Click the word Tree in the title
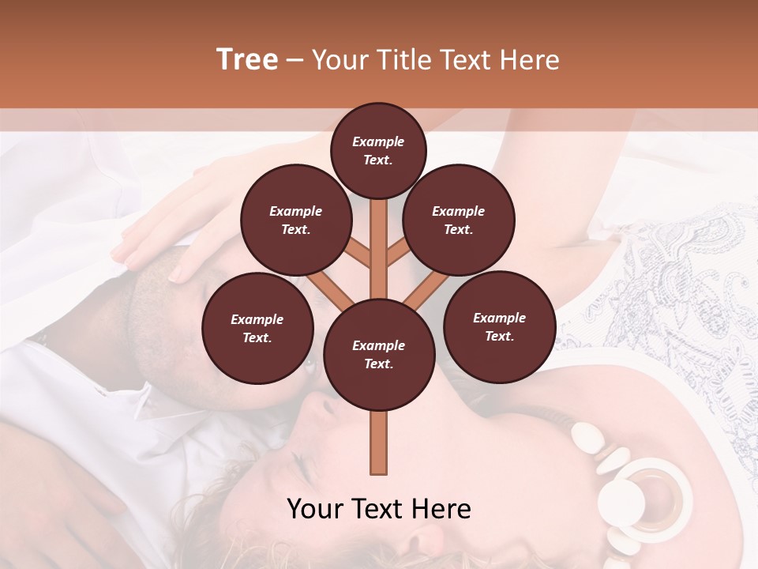point(247,59)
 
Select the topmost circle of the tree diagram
point(378,150)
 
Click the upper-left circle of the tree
point(295,220)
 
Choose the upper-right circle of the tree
point(459,220)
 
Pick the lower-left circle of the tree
point(257,328)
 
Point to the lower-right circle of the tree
point(499,326)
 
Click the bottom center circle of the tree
point(379,354)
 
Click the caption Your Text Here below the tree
point(379,509)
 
